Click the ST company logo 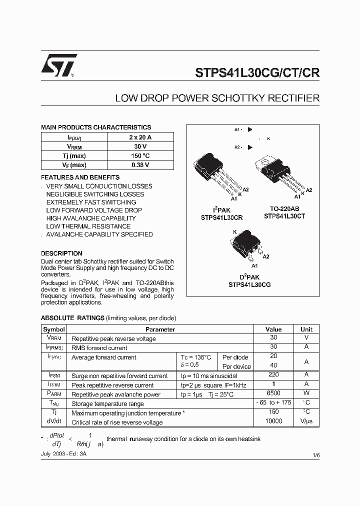(58, 65)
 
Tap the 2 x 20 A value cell (140, 137)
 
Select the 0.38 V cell (140, 165)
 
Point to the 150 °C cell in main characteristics (140, 155)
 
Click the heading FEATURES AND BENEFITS (80, 177)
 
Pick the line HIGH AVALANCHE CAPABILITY (91, 218)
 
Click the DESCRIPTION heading (61, 253)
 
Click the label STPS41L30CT (284, 216)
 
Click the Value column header (273, 329)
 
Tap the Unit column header (306, 329)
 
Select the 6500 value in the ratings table (273, 394)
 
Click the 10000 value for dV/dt (273, 421)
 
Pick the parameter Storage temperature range (107, 404)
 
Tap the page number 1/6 (316, 455)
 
